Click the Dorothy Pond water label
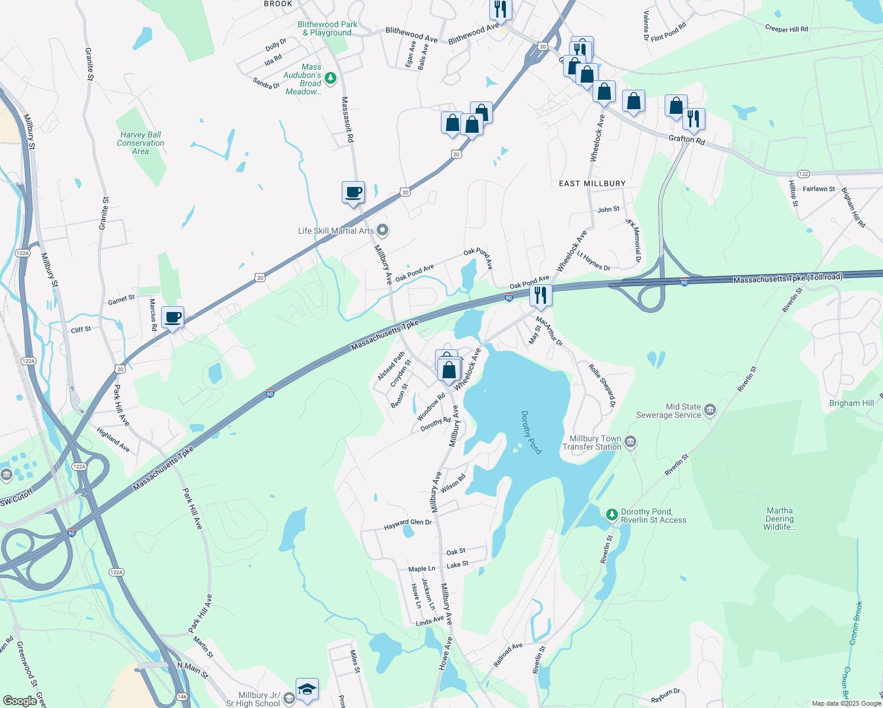coord(531,432)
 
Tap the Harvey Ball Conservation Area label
coord(140,143)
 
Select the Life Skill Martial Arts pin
coord(382,231)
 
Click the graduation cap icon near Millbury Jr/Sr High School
coord(307,689)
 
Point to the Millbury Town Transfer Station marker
coord(630,442)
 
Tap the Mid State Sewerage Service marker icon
coord(710,410)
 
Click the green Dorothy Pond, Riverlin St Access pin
coord(612,515)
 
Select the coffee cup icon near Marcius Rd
coord(172,317)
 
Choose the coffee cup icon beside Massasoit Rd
coord(353,192)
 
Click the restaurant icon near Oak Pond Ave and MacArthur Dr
coord(541,295)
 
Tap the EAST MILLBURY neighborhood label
coord(592,183)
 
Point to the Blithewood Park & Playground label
coord(328,28)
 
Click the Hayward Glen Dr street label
coord(408,524)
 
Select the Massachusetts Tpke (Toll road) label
coord(788,278)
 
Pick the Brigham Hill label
coord(851,403)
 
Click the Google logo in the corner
coord(19,700)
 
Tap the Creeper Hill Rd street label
coord(786,28)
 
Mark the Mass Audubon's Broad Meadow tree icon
coord(331,78)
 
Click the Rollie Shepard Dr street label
coord(602,385)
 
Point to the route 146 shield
coord(182,697)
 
